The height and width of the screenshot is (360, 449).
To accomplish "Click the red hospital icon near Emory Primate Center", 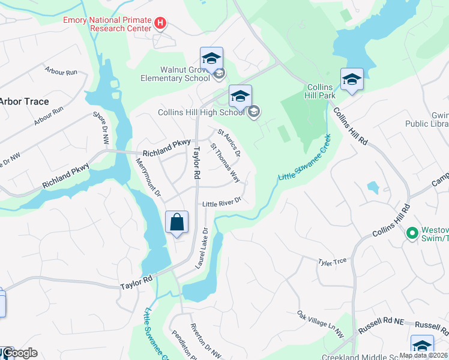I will pos(160,23).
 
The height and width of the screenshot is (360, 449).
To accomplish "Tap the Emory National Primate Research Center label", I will pos(108,25).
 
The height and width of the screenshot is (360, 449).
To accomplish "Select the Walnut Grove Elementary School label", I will pos(175,74).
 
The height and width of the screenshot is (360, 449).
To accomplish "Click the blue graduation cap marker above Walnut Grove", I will pos(211,59).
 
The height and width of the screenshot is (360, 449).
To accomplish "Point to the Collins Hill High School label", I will pos(201,112).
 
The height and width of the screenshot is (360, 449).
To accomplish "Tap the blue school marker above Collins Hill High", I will pos(240,97).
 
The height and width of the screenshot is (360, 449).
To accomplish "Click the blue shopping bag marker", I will pos(177,223).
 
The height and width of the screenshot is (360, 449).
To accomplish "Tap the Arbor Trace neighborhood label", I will pos(24,101).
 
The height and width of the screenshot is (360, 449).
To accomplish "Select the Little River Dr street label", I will pos(221,202).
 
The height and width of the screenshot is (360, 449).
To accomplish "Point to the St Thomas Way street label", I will pos(225,163).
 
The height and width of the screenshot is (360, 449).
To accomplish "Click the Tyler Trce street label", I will pos(333,262).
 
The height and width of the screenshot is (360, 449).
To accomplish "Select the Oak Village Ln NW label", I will pos(321,323).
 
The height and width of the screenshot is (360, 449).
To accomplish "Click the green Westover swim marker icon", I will pos(412,233).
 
